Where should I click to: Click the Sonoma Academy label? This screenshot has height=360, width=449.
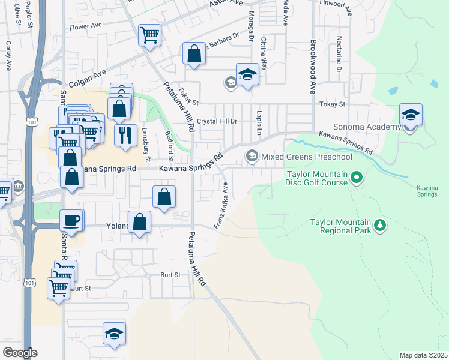coord(373,127)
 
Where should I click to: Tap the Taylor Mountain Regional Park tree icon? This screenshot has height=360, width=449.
coord(379,226)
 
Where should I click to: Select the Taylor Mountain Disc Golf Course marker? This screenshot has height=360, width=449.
coord(357,177)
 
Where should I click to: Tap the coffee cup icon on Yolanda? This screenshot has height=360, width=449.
coord(71,220)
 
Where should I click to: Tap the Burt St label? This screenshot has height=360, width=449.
coord(170,275)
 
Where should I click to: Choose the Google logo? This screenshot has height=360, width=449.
coord(20,353)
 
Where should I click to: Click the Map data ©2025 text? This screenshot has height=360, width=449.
coord(423,355)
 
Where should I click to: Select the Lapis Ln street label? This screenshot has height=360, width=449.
coord(259,122)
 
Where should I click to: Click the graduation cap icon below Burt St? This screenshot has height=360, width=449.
coord(114,334)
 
